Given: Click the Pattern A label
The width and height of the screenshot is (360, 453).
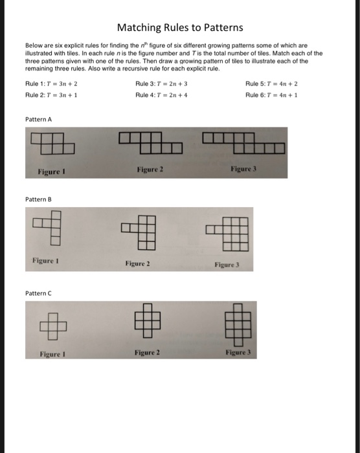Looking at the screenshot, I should pyautogui.click(x=38, y=120).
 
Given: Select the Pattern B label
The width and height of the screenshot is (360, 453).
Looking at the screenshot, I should pyautogui.click(x=38, y=201).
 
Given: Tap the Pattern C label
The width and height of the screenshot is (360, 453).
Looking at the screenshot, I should pyautogui.click(x=38, y=293).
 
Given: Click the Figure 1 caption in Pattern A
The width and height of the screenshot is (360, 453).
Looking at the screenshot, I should pyautogui.click(x=51, y=172).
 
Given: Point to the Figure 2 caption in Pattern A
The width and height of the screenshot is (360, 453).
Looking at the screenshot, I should pyautogui.click(x=150, y=169).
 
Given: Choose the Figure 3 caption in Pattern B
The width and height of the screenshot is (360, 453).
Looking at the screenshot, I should pyautogui.click(x=228, y=265).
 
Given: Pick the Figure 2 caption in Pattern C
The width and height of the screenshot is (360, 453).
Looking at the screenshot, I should pyautogui.click(x=148, y=352).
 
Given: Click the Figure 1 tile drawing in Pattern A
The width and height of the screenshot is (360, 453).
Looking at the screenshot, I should pyautogui.click(x=52, y=143).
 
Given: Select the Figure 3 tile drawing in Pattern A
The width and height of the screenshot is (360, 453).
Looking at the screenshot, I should pyautogui.click(x=243, y=141).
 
